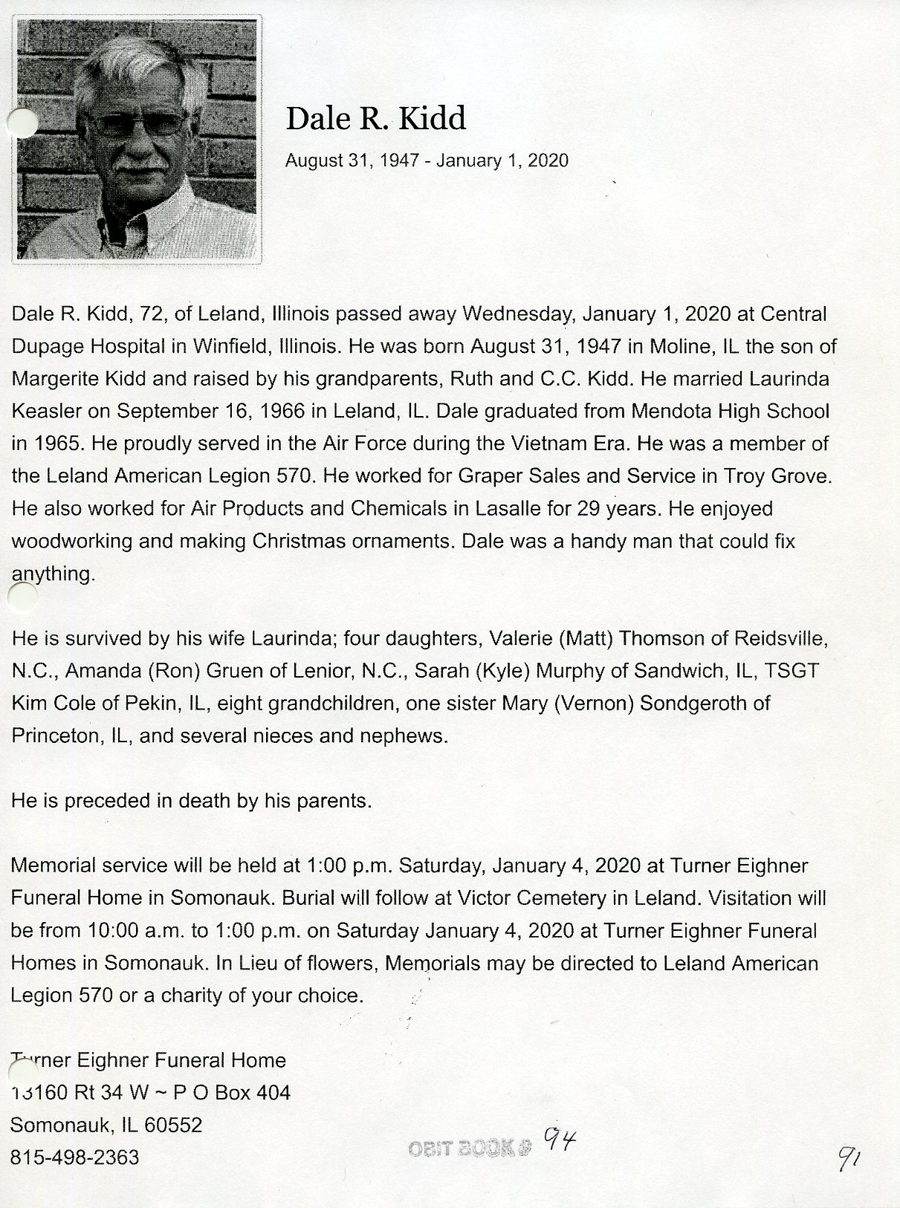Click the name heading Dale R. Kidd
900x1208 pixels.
(x=376, y=119)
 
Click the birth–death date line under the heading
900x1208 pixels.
(x=427, y=160)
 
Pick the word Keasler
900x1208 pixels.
(x=46, y=411)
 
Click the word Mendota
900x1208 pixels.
(x=667, y=411)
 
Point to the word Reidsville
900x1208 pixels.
(x=780, y=638)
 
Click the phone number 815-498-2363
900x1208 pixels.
(x=74, y=1157)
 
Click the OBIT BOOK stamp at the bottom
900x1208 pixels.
(x=470, y=1148)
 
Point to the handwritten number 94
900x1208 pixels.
(x=560, y=1137)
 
